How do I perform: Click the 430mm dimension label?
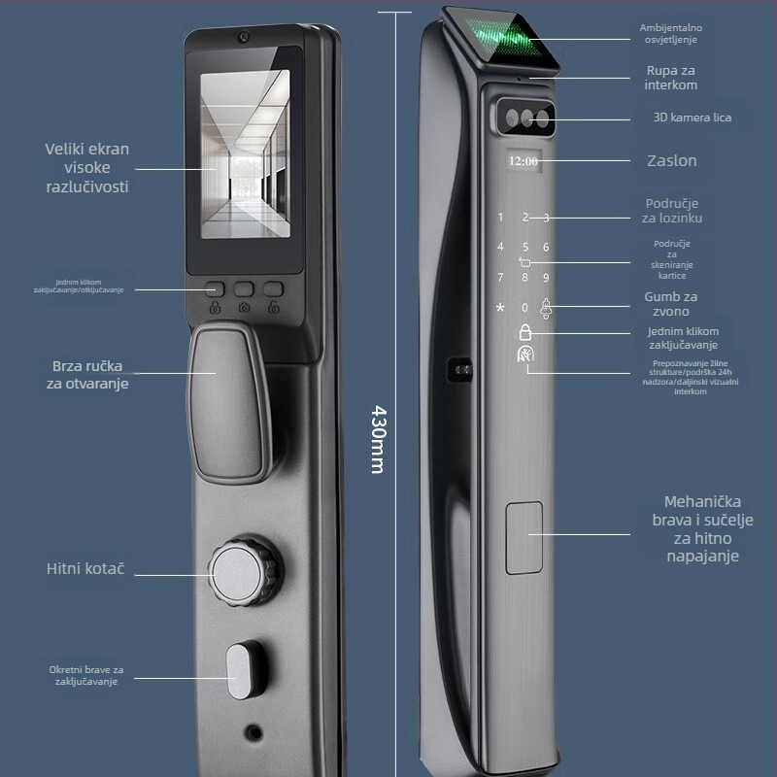pyautogui.click(x=378, y=438)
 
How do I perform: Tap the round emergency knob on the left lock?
pyautogui.click(x=236, y=573)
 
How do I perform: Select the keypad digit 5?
pyautogui.click(x=524, y=247)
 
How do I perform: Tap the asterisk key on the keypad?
pyautogui.click(x=500, y=308)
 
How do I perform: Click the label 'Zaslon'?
pyautogui.click(x=671, y=160)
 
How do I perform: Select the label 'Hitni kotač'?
pyautogui.click(x=85, y=569)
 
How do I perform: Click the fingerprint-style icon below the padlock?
pyautogui.click(x=524, y=356)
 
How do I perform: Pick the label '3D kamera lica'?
pyautogui.click(x=692, y=118)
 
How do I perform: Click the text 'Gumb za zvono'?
pyautogui.click(x=671, y=304)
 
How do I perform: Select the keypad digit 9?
pyautogui.click(x=547, y=278)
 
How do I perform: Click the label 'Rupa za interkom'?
pyautogui.click(x=670, y=78)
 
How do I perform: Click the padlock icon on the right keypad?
pyautogui.click(x=524, y=331)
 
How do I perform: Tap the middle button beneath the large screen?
pyautogui.click(x=245, y=289)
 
